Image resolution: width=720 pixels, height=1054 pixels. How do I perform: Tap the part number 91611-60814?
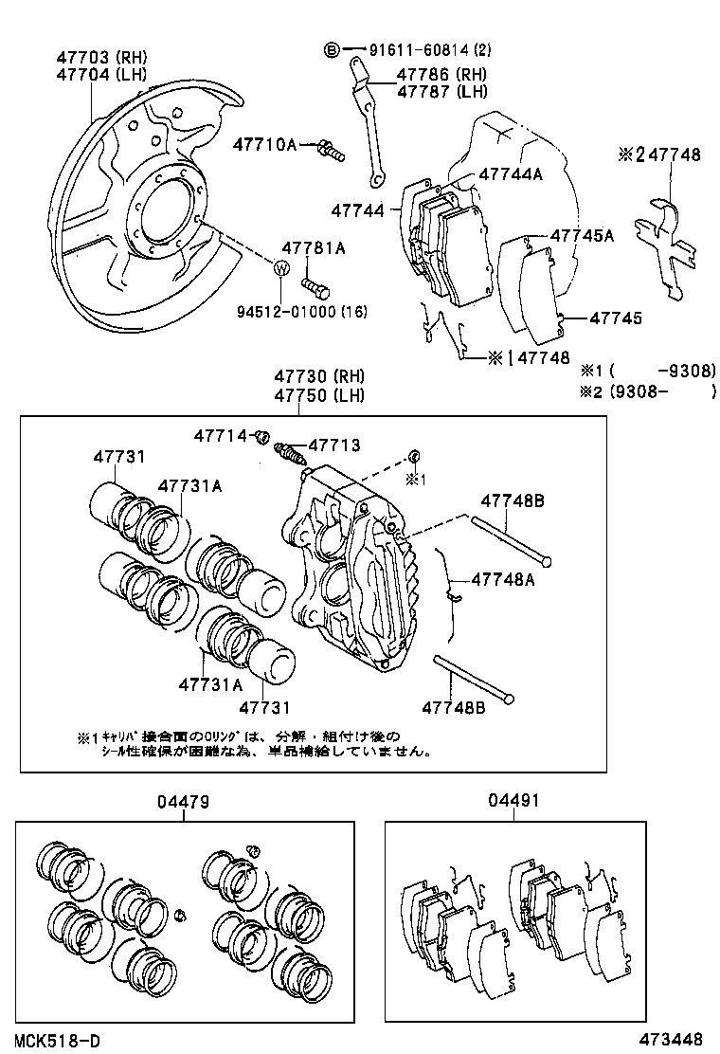417,49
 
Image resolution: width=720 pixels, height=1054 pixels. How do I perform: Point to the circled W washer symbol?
281,269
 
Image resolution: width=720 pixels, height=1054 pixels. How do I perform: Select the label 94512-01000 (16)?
309,311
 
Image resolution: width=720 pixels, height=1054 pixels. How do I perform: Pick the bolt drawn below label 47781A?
315,283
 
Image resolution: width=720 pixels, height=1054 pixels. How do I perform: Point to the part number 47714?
222,435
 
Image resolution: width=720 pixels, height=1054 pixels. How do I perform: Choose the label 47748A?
503,578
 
